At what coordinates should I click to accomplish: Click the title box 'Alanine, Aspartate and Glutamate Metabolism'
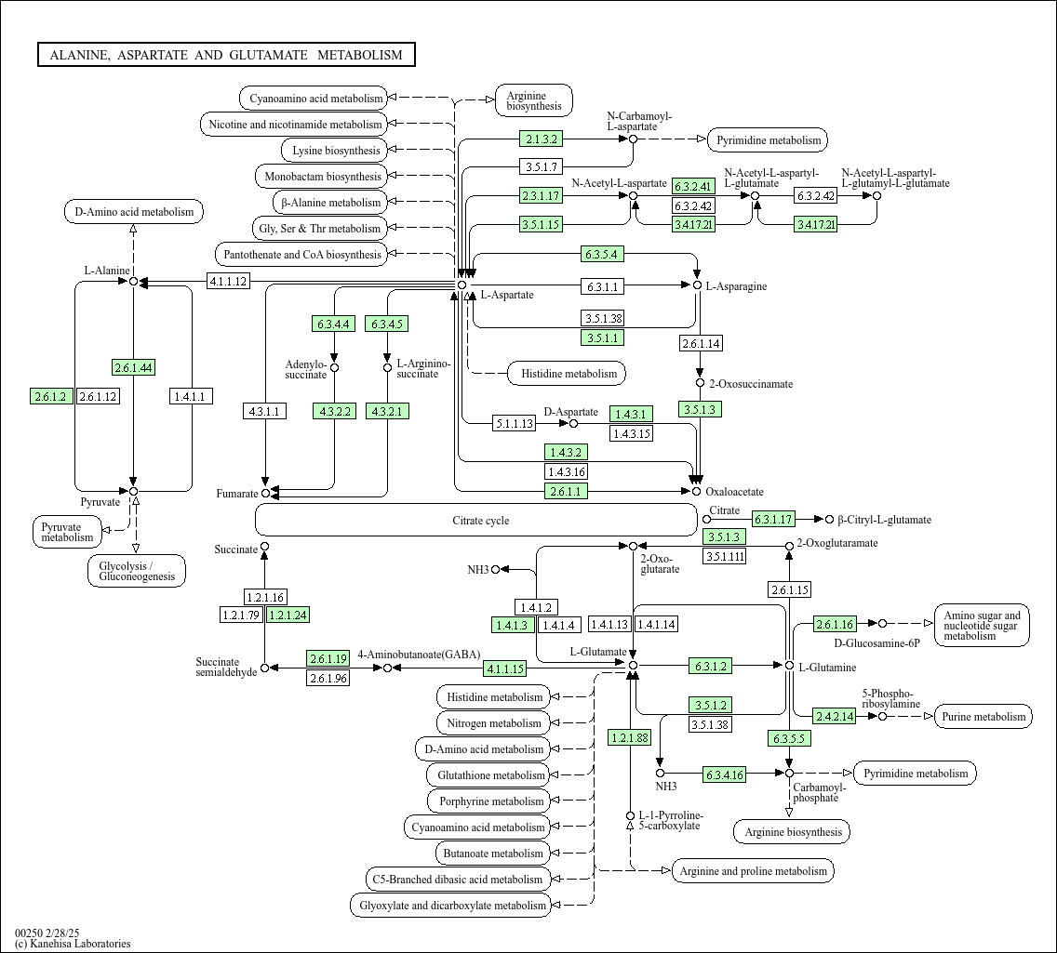[226, 55]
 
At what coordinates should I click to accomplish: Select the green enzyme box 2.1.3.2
[542, 139]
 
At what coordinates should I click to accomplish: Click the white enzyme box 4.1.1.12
[228, 281]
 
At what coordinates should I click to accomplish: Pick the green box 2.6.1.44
[133, 367]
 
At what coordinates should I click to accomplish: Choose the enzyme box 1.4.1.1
[192, 397]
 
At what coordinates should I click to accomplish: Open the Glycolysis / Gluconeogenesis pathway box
[137, 571]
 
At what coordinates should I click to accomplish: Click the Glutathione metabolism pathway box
[490, 775]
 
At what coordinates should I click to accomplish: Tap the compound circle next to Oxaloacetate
[696, 491]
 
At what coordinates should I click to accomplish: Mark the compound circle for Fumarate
[265, 493]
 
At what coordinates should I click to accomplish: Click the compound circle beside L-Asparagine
[696, 285]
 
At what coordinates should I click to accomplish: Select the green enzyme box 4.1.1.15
[504, 668]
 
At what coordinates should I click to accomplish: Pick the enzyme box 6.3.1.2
[710, 666]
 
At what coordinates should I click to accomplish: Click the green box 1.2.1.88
[630, 737]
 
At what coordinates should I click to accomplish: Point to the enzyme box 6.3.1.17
[773, 520]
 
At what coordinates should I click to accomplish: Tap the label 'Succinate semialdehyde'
[225, 668]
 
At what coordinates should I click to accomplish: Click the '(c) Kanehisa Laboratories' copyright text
[73, 944]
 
